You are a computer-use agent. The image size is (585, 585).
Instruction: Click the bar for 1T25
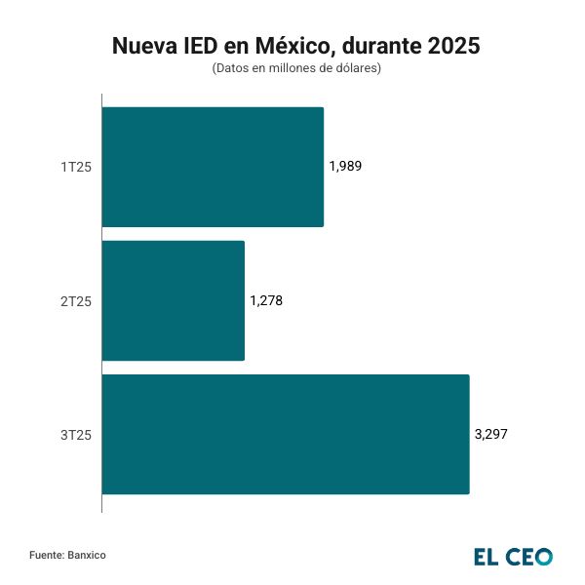[x=213, y=167]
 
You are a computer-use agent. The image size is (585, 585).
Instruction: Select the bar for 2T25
[x=173, y=300]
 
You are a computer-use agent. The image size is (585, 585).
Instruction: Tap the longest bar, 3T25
[x=285, y=434]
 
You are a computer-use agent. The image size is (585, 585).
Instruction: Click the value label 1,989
[x=345, y=167]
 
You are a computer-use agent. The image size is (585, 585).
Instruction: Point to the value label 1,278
[x=266, y=300]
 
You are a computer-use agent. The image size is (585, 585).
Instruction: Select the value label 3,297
[x=490, y=434]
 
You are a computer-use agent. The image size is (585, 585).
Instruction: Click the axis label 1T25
[x=76, y=168]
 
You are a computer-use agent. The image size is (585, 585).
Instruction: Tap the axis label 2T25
[x=76, y=301]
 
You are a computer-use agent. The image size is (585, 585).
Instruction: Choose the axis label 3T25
[x=76, y=435]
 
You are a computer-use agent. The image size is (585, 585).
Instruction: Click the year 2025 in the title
[x=453, y=46]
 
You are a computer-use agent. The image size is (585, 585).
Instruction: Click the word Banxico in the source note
[x=87, y=555]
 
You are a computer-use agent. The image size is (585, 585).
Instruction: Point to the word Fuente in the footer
[x=46, y=555]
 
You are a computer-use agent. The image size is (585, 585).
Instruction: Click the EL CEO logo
[x=513, y=557]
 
